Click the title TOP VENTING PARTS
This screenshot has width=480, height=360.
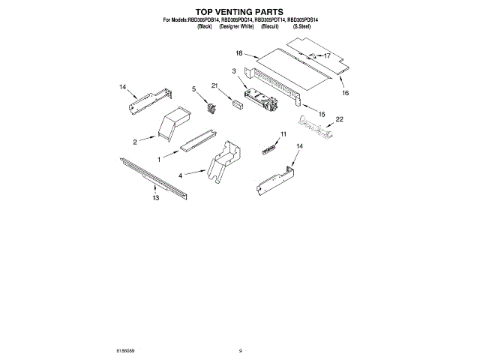(240, 13)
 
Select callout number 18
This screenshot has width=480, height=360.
(239, 53)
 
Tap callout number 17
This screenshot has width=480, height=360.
(327, 55)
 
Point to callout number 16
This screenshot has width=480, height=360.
(346, 94)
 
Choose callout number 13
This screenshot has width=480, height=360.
(155, 199)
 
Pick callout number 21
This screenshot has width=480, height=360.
(214, 86)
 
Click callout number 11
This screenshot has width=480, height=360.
(283, 134)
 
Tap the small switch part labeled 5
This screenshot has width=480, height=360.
(211, 109)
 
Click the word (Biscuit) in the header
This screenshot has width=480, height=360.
(270, 27)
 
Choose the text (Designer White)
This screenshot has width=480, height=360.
(235, 27)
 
